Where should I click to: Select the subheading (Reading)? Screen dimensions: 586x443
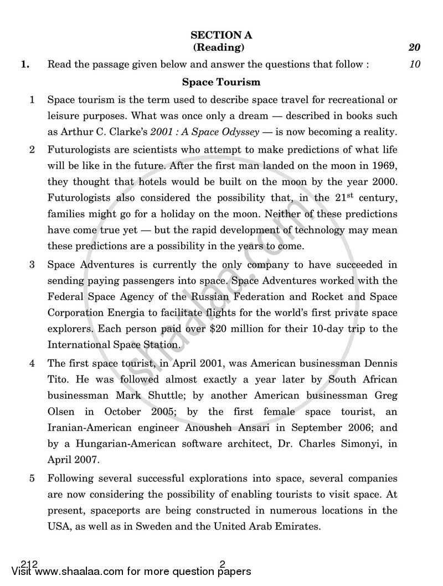click(221, 48)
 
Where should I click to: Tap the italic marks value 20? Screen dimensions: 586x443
click(414, 48)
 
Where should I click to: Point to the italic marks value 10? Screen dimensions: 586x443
click(415, 65)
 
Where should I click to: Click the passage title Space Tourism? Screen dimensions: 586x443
click(221, 82)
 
